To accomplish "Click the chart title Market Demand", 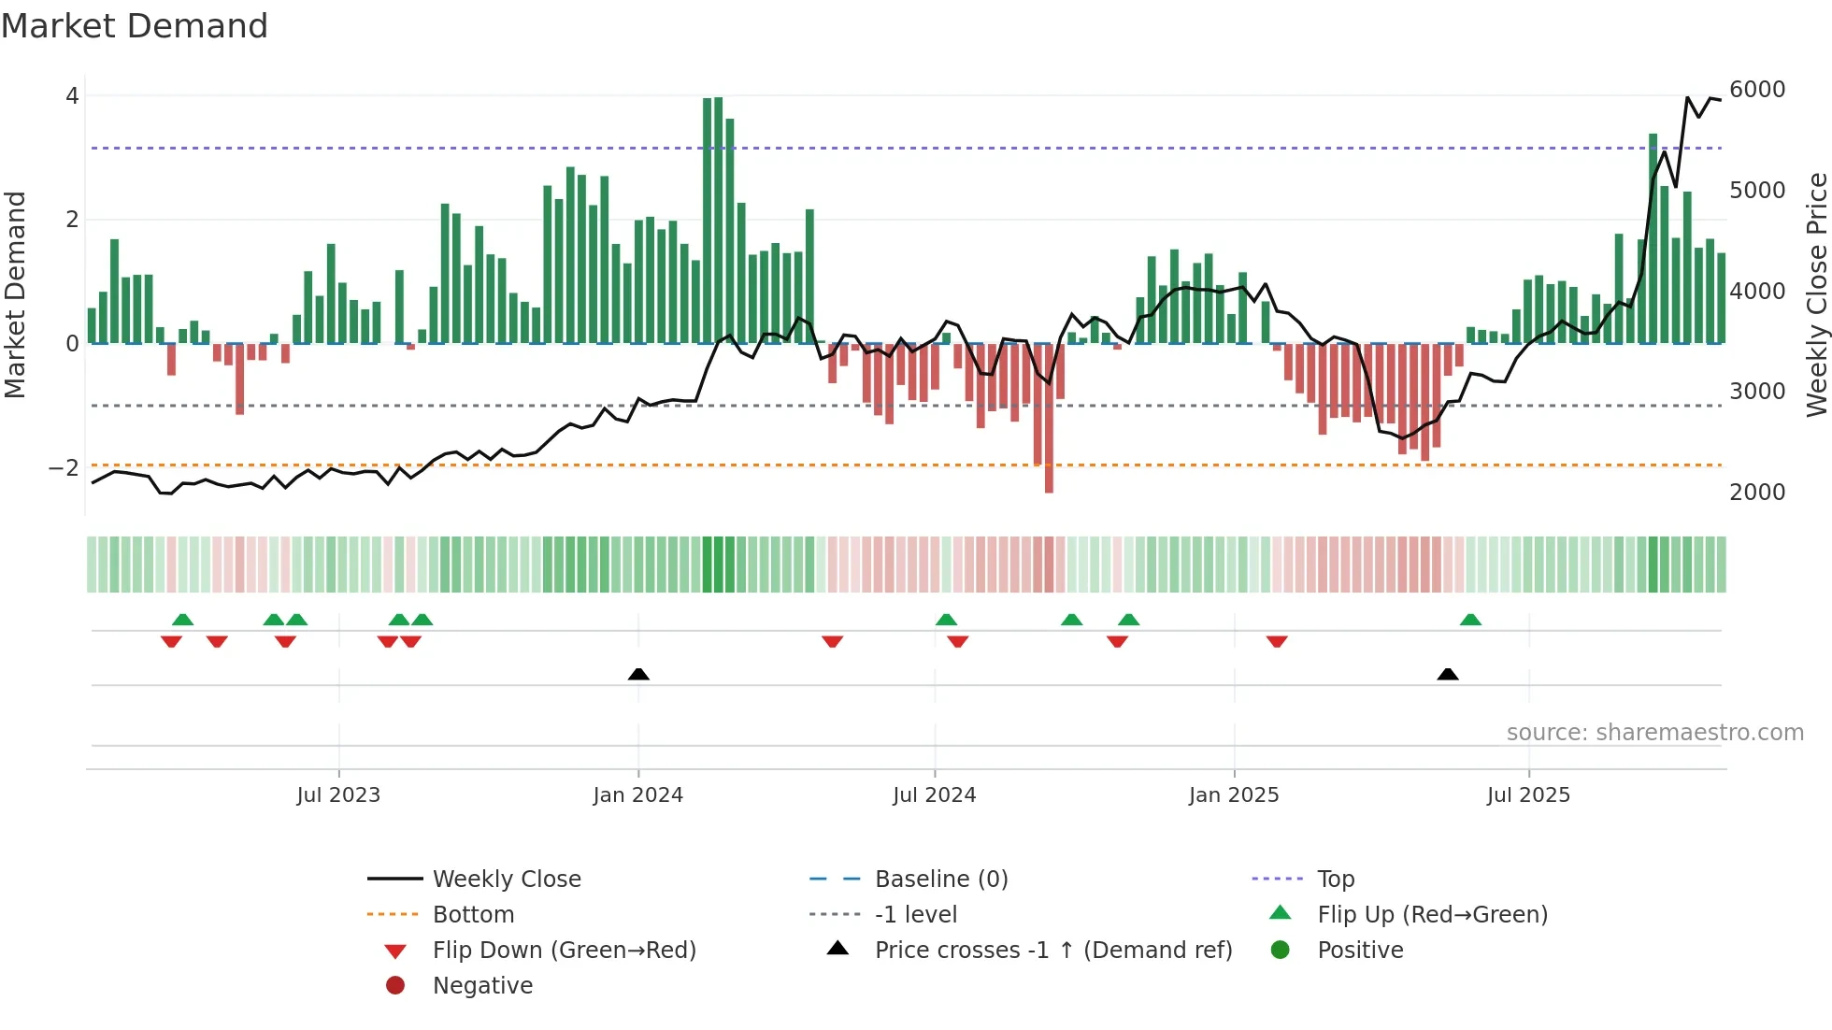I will point(135,26).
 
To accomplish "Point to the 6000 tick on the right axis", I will point(1756,90).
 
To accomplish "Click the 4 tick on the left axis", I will point(72,95).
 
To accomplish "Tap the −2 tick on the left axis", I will point(64,467).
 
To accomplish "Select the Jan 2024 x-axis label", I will point(637,795).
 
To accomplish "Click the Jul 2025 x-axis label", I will point(1528,795).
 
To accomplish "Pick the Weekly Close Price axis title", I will point(1816,294).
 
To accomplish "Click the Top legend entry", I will point(1336,880).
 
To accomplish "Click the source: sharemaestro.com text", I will point(1654,733).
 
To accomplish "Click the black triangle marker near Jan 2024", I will point(638,674).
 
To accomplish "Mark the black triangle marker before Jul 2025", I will point(1447,674).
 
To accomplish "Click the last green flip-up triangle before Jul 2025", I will point(1470,620).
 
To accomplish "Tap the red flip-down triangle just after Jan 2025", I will point(1277,641).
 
